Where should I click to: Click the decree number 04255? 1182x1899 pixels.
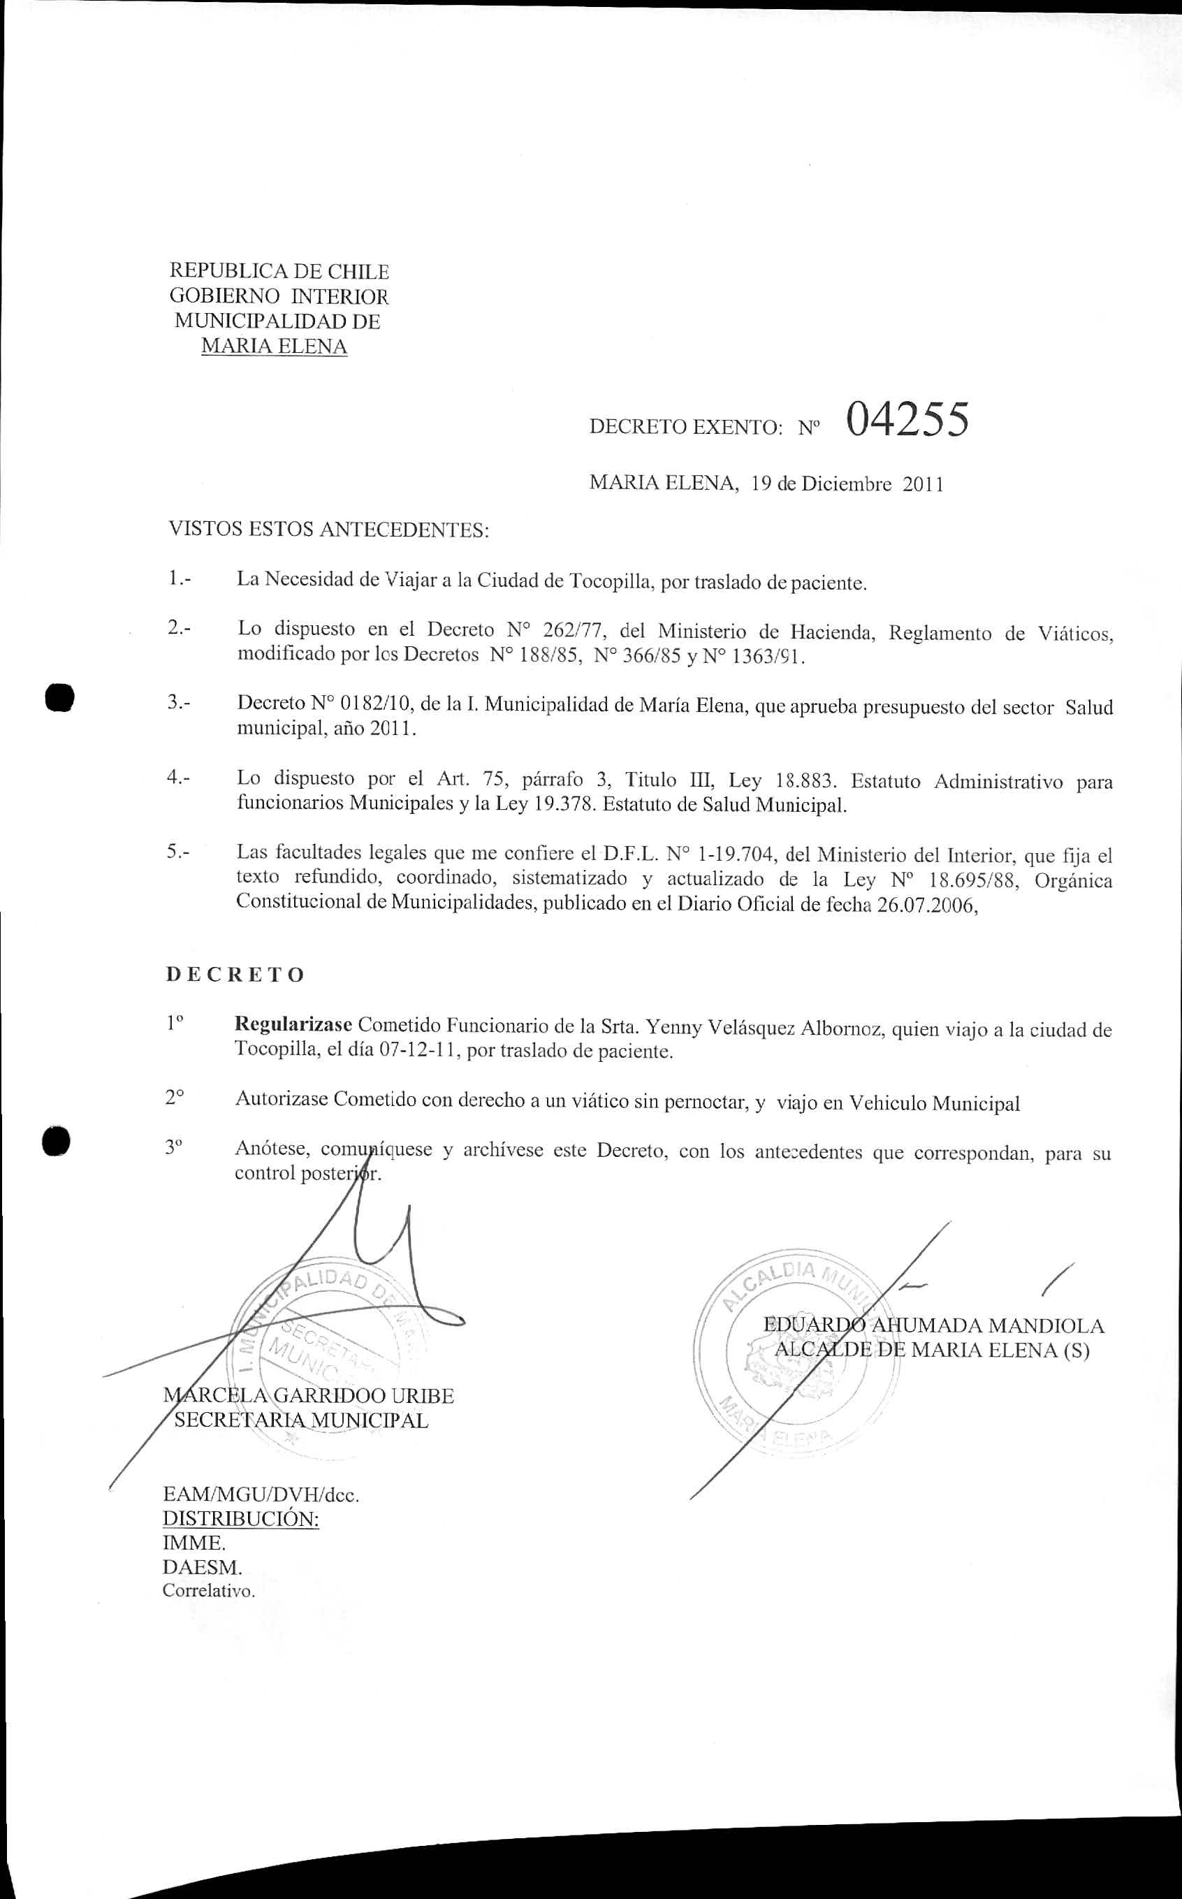click(907, 420)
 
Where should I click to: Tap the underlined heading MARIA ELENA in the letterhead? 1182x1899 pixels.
click(274, 347)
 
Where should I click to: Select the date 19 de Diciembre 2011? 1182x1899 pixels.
click(847, 484)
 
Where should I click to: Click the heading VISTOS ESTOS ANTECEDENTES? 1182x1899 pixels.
click(328, 530)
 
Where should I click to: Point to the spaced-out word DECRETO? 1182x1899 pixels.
click(235, 975)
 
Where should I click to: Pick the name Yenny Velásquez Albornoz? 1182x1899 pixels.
click(760, 1028)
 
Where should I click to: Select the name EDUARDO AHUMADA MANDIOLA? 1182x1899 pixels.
click(933, 1326)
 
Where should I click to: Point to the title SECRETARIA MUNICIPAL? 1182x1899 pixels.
click(301, 1420)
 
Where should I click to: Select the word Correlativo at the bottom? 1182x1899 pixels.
click(208, 1591)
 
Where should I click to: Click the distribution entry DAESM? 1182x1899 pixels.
click(202, 1566)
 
